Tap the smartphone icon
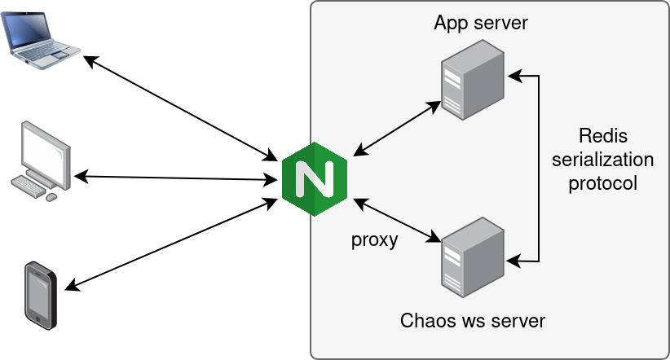(41, 294)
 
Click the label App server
(481, 23)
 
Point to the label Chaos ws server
(473, 320)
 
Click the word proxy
(374, 239)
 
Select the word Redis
(602, 135)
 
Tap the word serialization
(602, 159)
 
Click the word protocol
(602, 183)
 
